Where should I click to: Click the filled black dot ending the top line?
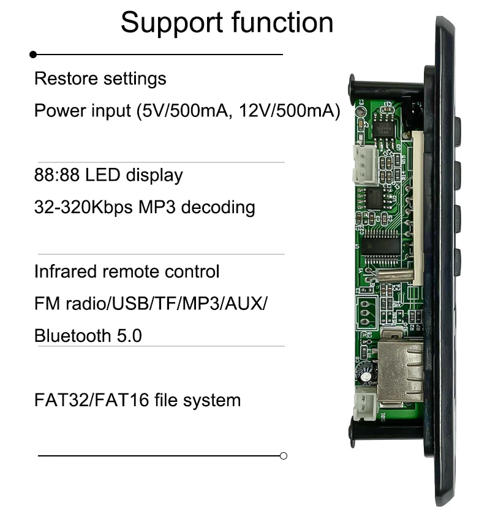[33, 55]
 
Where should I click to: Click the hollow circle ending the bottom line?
[283, 456]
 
